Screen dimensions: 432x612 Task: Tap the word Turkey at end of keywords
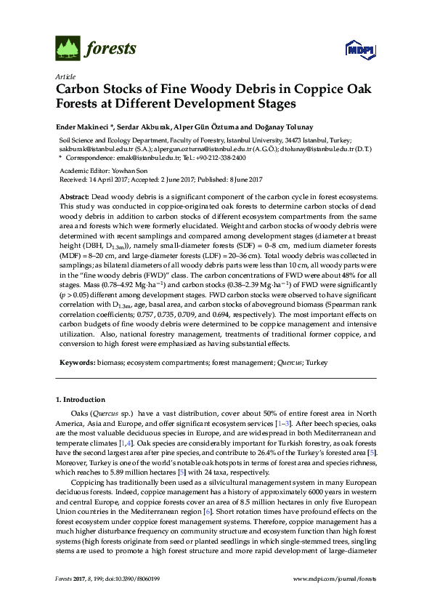coord(317,361)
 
